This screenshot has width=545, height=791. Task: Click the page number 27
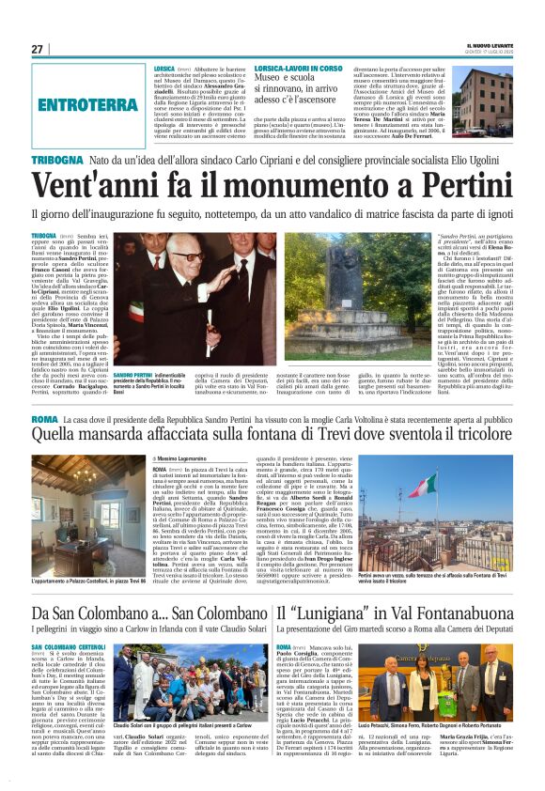click(38, 49)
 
